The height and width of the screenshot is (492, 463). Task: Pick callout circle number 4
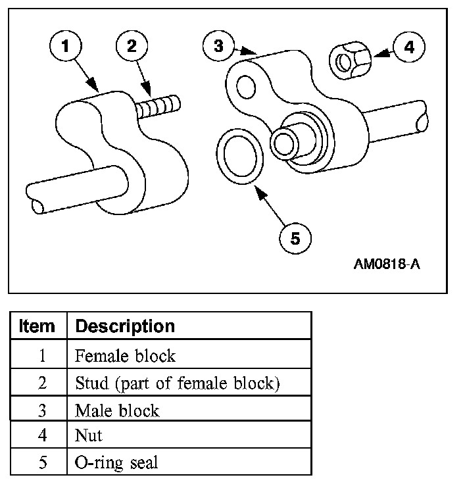408,47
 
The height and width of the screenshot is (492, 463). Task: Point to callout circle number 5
295,239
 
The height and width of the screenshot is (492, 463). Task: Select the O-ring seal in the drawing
240,156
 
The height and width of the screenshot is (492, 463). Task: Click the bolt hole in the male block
247,86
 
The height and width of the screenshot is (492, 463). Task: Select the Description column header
125,326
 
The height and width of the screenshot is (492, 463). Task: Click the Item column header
37,326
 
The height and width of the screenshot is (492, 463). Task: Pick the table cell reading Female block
125,356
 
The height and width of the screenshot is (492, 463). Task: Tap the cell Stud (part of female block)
177,383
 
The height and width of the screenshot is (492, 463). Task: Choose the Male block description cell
117,410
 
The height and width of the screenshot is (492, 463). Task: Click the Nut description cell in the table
89,435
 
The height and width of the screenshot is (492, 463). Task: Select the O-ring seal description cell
116,462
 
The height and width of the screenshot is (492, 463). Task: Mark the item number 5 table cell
41,462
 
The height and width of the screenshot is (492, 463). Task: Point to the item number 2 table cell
41,383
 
